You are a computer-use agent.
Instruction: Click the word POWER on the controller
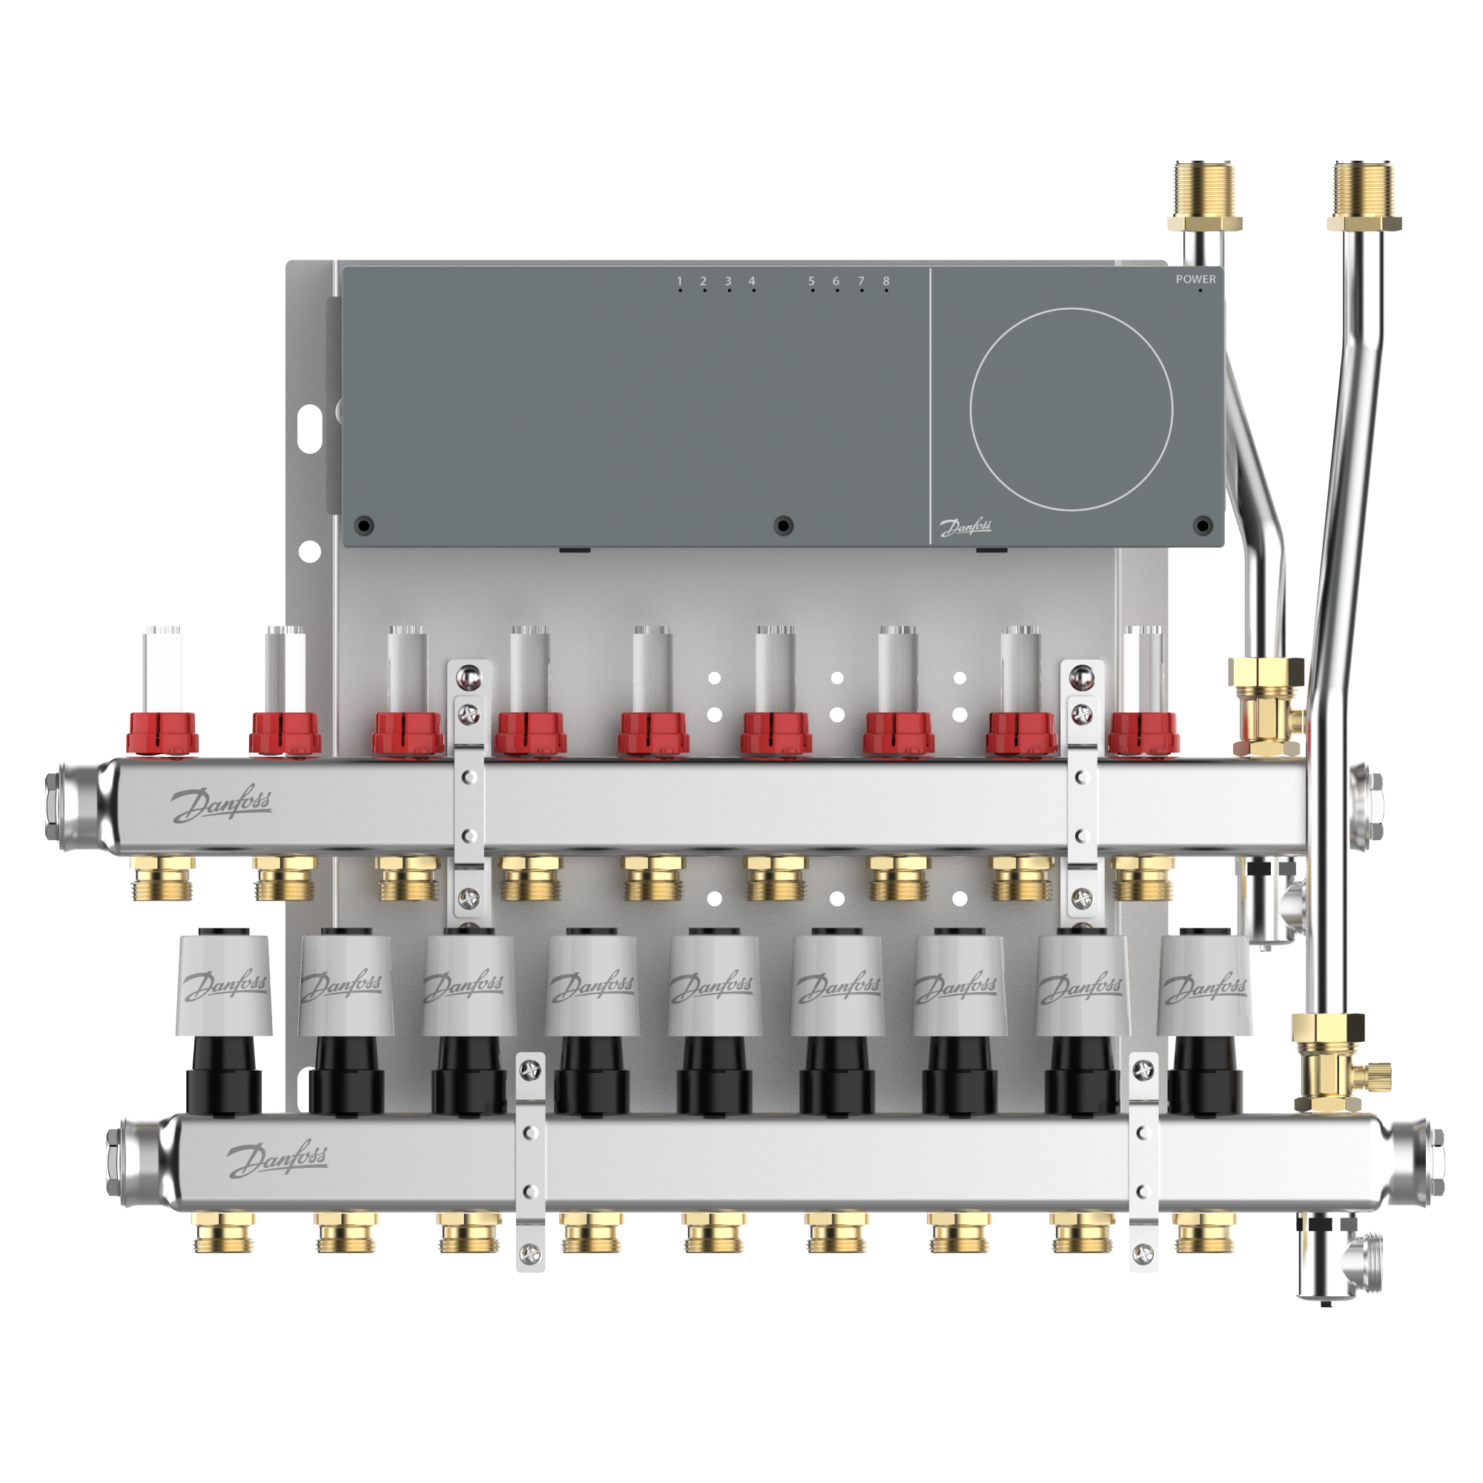(x=1195, y=280)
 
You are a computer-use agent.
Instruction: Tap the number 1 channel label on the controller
(x=679, y=281)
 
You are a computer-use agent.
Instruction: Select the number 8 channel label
(x=886, y=281)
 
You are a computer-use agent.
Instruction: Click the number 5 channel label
(x=811, y=281)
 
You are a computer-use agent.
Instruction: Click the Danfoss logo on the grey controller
(x=965, y=527)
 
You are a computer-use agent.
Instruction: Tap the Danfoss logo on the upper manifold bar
(x=221, y=804)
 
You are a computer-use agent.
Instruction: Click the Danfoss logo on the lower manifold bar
(x=277, y=1158)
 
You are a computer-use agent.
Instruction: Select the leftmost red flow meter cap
(x=162, y=733)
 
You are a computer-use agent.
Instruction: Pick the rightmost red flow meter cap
(x=1143, y=733)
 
